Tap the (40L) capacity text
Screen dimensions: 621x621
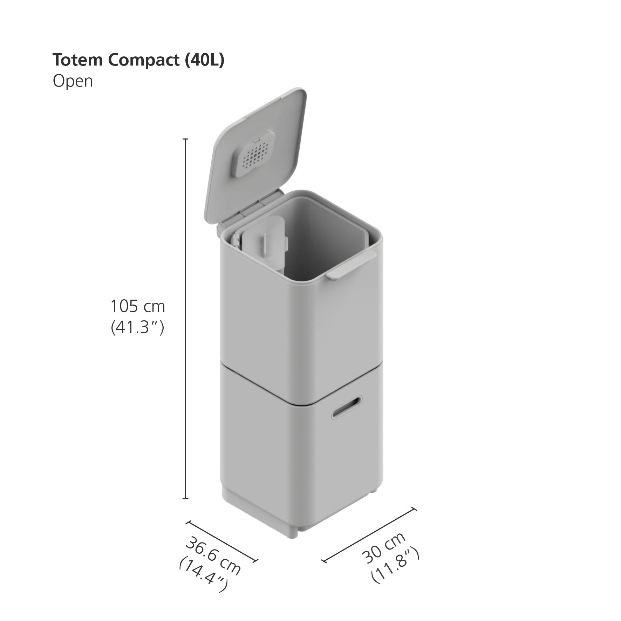click(x=204, y=60)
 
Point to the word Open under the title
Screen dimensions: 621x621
click(x=73, y=81)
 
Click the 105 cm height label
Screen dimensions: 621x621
click(x=138, y=306)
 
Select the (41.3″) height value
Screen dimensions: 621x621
click(x=138, y=328)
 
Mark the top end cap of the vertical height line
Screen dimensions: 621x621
click(x=186, y=139)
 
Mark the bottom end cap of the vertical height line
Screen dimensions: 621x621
click(x=186, y=498)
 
